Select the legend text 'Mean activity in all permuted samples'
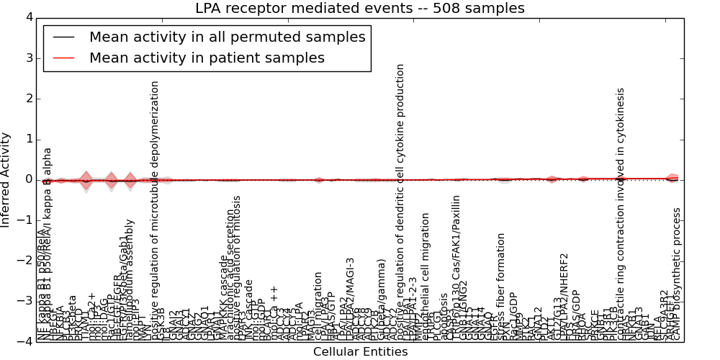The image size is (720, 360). [228, 37]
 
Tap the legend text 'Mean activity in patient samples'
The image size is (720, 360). [207, 58]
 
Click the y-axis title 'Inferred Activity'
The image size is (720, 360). [6, 179]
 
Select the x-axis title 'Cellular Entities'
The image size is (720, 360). [360, 352]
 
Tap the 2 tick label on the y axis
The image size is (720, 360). [28, 99]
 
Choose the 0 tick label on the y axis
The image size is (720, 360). [28, 180]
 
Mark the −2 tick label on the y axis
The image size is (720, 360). [25, 261]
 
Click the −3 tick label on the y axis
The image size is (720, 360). [25, 302]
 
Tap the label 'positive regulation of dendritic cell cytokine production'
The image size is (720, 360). [400, 202]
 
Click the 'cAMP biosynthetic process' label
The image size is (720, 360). [676, 274]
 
